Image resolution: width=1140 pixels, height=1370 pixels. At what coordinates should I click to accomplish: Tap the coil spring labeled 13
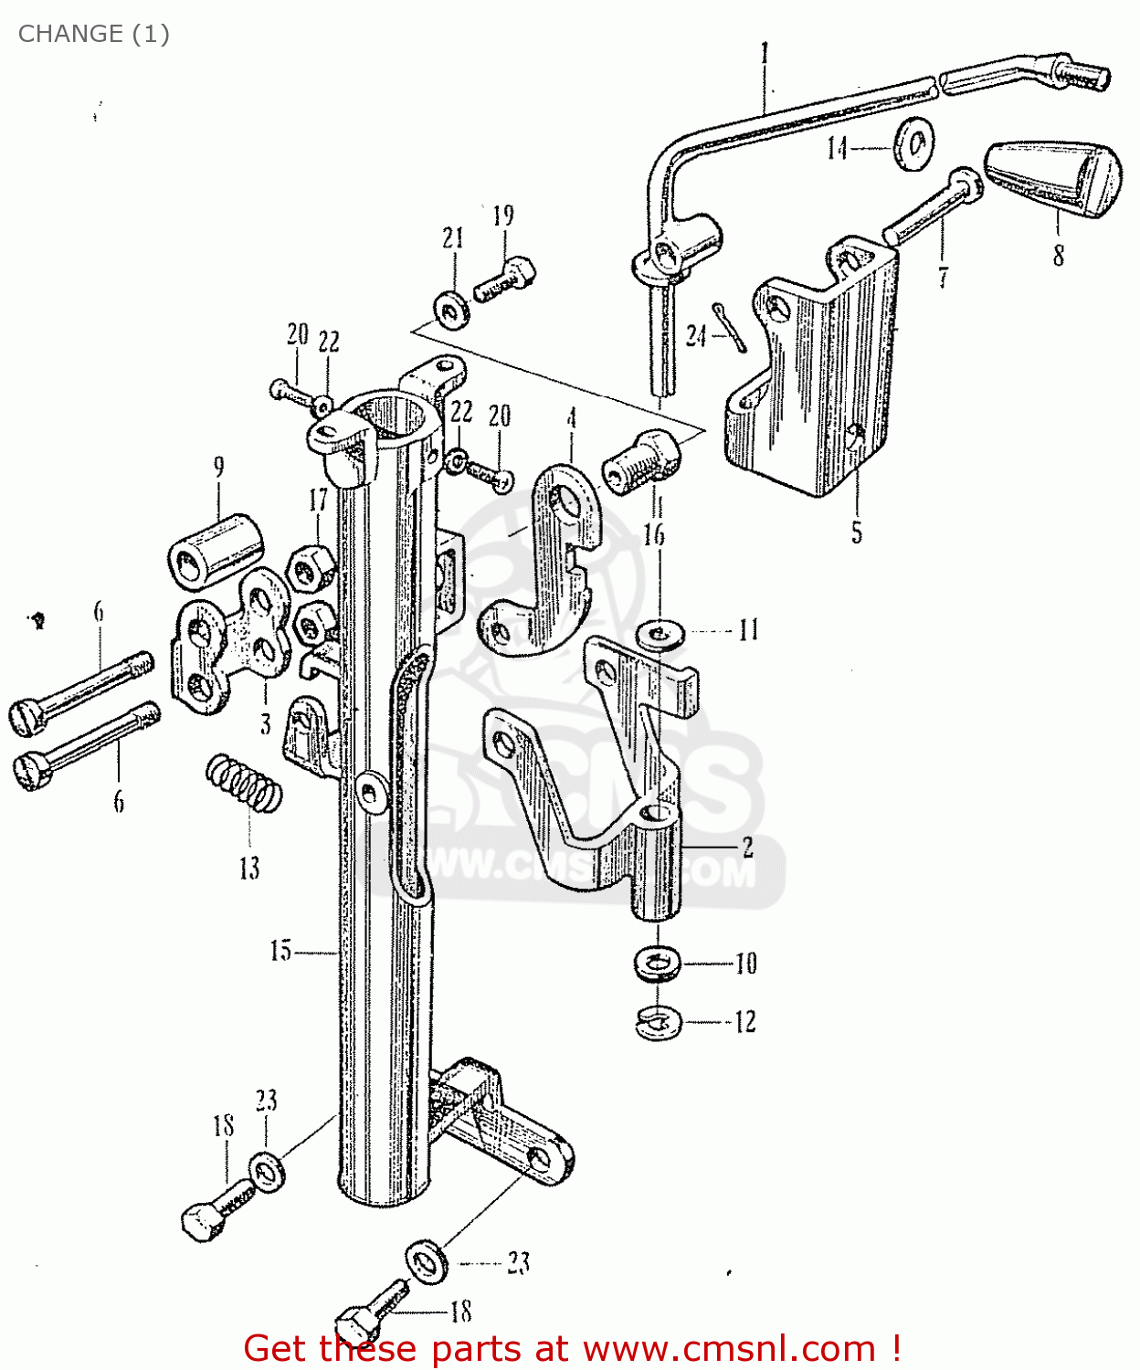click(244, 783)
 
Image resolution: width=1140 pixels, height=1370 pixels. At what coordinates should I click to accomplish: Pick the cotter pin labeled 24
click(730, 327)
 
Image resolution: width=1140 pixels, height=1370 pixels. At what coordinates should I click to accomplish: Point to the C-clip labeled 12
click(658, 1022)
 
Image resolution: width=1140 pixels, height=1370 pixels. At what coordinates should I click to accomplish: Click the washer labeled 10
click(657, 963)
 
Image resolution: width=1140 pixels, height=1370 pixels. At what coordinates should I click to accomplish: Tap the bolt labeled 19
click(505, 279)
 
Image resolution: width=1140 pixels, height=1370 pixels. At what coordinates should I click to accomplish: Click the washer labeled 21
click(451, 309)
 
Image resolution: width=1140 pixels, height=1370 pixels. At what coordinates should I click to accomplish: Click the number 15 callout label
click(280, 951)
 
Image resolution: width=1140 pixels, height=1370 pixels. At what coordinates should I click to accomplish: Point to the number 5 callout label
click(857, 532)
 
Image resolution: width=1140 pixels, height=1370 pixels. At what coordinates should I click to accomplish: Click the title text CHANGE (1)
click(93, 34)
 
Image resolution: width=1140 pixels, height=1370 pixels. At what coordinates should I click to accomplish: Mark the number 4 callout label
click(572, 418)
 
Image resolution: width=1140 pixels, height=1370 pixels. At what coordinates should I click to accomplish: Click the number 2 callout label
click(747, 847)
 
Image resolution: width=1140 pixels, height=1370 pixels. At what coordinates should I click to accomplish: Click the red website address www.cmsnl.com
click(729, 1348)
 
